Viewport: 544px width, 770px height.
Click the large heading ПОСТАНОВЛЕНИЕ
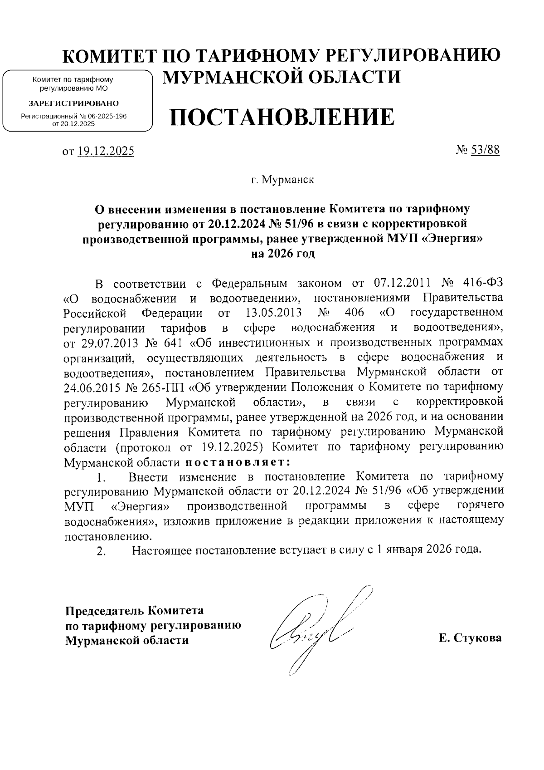[282, 118]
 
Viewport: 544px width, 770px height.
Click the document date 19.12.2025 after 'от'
[105, 152]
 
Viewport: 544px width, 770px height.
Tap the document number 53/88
[485, 150]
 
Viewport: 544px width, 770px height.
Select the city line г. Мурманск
[283, 180]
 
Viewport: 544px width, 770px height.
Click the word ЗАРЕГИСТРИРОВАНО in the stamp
[74, 103]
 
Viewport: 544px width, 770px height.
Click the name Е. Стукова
[470, 638]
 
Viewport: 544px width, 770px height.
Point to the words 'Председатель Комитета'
[134, 611]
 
